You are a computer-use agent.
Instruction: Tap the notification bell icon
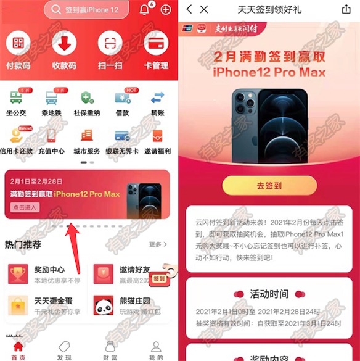pyautogui.click(x=144, y=10)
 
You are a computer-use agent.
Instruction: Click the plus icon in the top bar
pyautogui.click(x=165, y=10)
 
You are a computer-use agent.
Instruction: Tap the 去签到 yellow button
pyautogui.click(x=269, y=185)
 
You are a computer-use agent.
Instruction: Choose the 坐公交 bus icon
pyautogui.click(x=17, y=99)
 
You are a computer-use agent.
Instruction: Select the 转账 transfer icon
pyautogui.click(x=157, y=99)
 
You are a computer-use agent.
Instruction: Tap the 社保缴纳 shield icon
pyautogui.click(x=86, y=99)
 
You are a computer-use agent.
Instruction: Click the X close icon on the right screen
pyautogui.click(x=204, y=9)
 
